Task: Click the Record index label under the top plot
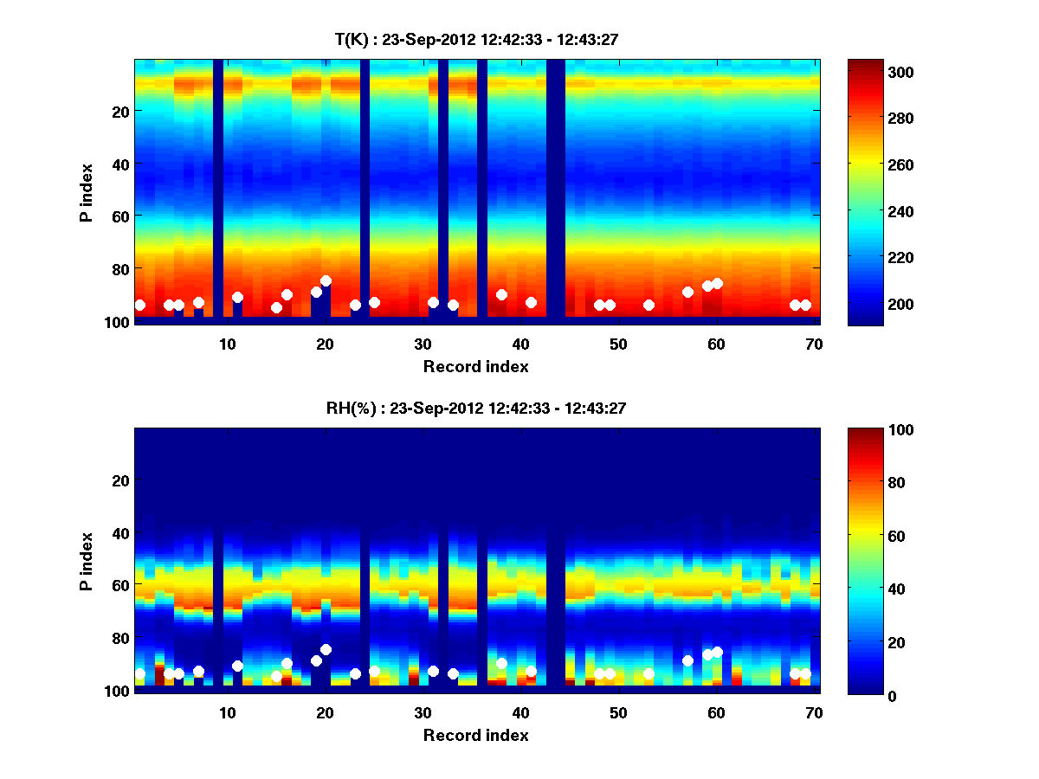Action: pos(475,367)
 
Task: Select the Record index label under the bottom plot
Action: pos(475,736)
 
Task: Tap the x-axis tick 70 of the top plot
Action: pos(814,344)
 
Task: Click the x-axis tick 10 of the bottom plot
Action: pos(227,712)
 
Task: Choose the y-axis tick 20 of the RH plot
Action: pos(121,480)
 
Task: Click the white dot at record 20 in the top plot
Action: pos(326,281)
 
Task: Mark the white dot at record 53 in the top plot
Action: pos(649,305)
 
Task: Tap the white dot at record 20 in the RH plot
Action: pos(326,650)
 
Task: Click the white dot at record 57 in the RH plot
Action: pos(687,660)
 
